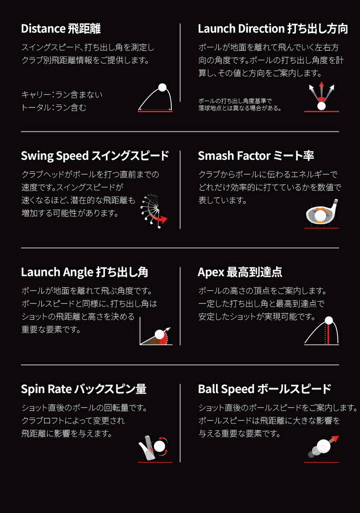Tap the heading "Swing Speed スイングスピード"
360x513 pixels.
pos(95,155)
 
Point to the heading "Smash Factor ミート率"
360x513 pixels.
pos(256,155)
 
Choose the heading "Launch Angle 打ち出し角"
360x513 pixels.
pos(84,271)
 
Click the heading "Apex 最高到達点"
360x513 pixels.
pos(240,271)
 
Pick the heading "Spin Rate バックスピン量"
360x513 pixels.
pos(84,389)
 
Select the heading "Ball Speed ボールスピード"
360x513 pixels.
pos(264,389)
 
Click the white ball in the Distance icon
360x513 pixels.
pos(163,87)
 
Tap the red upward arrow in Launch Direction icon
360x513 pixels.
pos(322,88)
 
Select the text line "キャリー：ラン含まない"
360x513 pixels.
pos(62,94)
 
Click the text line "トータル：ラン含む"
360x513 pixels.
pos(53,107)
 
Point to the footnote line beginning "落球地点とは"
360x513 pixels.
pos(239,107)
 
